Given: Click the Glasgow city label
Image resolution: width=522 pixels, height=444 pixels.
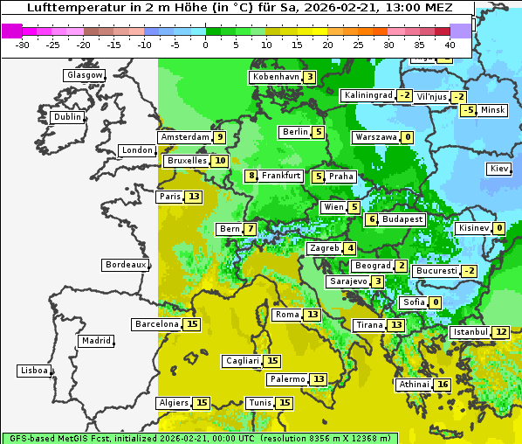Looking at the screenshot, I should tap(84, 75).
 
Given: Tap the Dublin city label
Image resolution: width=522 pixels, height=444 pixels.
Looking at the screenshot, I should tap(67, 117).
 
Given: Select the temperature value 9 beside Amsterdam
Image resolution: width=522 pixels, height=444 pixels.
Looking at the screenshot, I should tap(220, 137).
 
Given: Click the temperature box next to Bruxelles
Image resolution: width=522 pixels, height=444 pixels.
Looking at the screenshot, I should tap(221, 161).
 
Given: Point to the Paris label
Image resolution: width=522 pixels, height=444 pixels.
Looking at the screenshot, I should tap(169, 197).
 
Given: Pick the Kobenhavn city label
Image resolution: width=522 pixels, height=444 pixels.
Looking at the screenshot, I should tap(275, 77).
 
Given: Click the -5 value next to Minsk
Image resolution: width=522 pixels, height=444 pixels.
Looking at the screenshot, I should tap(469, 110).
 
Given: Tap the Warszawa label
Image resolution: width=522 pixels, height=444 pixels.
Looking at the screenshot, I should tap(376, 137).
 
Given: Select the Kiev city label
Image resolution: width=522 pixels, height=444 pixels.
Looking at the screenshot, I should tap(499, 169).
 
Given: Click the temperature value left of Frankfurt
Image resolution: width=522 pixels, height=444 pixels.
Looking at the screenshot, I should tap(251, 176).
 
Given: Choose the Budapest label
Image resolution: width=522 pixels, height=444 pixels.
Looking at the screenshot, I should tap(402, 219).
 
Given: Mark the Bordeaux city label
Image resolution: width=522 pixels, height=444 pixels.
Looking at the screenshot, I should tap(125, 265).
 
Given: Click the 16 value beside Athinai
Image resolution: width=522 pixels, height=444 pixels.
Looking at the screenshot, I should tap(443, 385).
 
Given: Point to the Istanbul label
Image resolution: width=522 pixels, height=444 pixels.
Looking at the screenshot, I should tap(470, 332).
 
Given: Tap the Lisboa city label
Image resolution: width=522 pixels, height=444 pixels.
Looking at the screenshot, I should tap(33, 371).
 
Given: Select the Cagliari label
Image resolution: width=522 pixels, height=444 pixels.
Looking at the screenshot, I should tap(242, 361).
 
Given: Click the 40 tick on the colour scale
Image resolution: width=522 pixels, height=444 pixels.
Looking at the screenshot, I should tap(450, 44).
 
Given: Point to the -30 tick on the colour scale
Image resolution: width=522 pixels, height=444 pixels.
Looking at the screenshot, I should tap(23, 44).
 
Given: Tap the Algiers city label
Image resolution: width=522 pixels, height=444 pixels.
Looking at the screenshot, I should tap(173, 403).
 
